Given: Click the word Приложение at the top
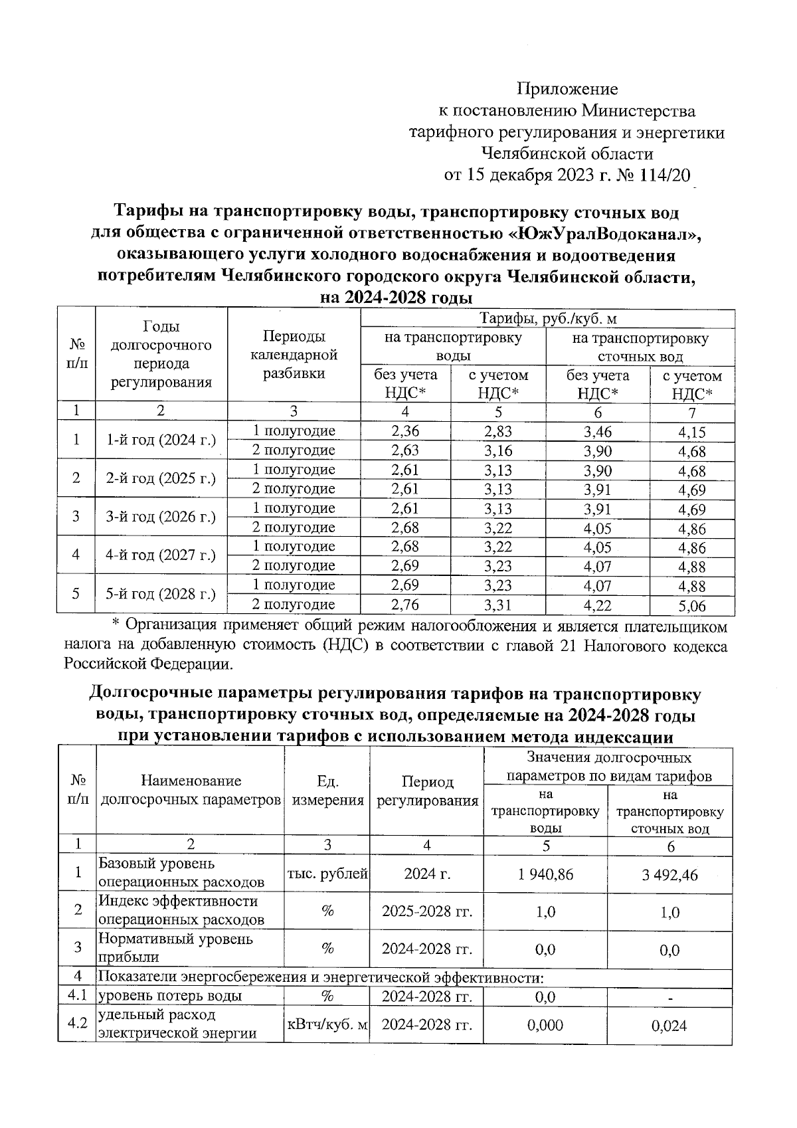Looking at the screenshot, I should (567, 89).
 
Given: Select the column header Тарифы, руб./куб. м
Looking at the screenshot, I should (547, 318).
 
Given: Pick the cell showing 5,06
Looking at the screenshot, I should (691, 606).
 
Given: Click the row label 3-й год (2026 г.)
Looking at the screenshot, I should (161, 517).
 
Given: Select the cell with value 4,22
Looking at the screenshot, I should (597, 605).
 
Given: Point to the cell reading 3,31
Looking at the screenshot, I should (497, 605).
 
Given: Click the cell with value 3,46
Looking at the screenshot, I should (597, 431).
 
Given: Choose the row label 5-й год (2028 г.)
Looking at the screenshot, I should (161, 594).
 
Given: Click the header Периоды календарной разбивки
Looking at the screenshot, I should (294, 355).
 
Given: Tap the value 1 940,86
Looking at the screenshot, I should (545, 874).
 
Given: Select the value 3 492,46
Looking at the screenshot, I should (669, 874).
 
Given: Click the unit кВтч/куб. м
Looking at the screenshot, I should (327, 1025).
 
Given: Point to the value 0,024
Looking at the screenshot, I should (669, 1026).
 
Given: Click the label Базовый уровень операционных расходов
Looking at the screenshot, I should (181, 873).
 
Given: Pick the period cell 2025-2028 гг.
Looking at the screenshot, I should (427, 911).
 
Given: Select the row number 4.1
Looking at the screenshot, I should (78, 996).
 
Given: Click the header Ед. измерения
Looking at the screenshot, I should (327, 791).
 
